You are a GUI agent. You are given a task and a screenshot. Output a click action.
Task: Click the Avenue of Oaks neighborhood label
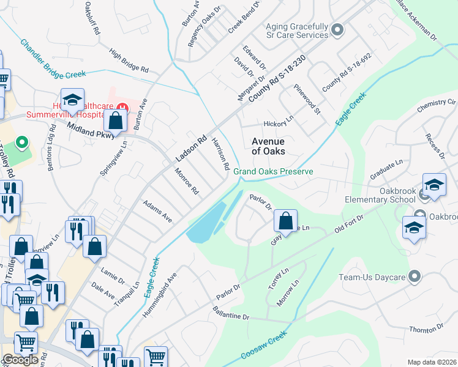click(268, 146)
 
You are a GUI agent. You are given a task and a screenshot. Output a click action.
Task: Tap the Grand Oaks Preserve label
click(273, 172)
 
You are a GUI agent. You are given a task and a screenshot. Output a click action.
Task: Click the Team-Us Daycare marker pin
click(415, 276)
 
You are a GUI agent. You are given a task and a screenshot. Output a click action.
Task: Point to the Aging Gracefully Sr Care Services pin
click(337, 29)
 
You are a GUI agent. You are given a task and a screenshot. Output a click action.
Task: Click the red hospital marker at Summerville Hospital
click(123, 107)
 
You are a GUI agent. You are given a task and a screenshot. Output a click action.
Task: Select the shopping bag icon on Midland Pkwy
click(115, 120)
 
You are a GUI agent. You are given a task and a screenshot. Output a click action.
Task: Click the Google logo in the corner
click(20, 360)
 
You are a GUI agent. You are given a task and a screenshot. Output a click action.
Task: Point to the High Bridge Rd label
click(129, 61)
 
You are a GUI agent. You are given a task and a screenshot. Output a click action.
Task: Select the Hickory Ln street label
click(279, 124)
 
